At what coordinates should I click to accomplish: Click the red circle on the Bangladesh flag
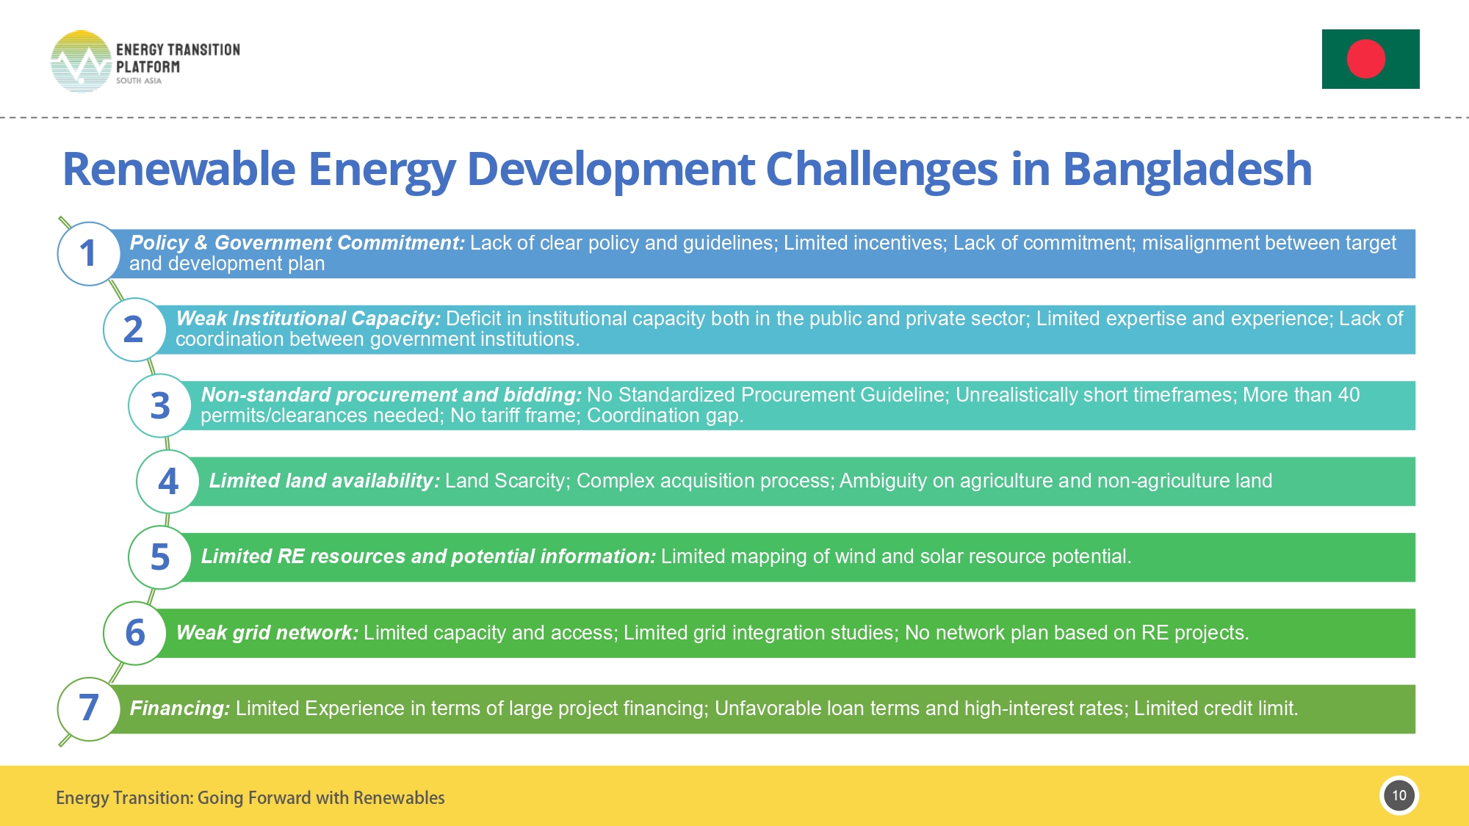1365,59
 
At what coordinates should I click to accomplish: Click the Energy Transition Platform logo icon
81,62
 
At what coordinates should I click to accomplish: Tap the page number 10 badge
1398,795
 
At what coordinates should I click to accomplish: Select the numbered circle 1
89,253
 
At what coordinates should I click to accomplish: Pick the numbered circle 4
168,482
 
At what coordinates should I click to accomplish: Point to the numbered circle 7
89,709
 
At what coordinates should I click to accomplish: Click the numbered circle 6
135,633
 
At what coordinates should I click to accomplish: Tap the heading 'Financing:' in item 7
179,709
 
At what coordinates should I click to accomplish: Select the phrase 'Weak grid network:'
267,633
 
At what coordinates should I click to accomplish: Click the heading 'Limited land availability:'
324,481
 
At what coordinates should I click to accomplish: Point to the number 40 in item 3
1348,395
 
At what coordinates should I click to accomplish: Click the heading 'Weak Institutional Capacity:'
308,319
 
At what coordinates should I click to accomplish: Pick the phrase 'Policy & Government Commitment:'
297,243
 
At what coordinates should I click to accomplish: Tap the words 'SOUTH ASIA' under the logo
138,81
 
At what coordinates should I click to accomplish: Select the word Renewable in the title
178,170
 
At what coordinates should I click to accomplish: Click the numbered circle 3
160,405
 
